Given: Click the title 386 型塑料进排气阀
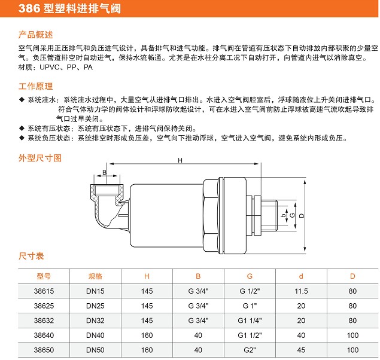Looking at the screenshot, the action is (x=69, y=9).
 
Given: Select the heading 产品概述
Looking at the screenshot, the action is (x=35, y=35).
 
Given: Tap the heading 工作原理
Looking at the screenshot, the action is (x=35, y=87).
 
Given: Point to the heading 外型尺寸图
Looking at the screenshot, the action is (x=40, y=158).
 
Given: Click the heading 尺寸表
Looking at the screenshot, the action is (x=31, y=256).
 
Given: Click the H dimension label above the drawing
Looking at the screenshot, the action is (x=180, y=160).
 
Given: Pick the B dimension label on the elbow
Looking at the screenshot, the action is (x=105, y=172).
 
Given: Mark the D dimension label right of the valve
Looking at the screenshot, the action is (x=302, y=215).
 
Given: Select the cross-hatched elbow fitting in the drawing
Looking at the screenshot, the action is (x=107, y=206).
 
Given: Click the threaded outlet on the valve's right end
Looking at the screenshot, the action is (x=269, y=215).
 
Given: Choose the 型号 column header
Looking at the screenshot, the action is (x=44, y=276).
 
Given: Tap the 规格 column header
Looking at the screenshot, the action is (x=95, y=276).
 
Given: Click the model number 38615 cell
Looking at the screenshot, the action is (x=44, y=291).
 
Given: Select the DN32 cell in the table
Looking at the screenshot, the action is (x=95, y=321).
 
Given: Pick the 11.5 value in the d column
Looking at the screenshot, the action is (x=301, y=291).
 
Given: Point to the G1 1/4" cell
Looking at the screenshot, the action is (x=250, y=321).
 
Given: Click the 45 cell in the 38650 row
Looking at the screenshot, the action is (x=301, y=350).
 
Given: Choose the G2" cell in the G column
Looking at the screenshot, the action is (x=250, y=350).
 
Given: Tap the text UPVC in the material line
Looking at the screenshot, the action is (x=50, y=67).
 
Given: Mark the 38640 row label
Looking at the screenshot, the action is (x=44, y=335).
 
